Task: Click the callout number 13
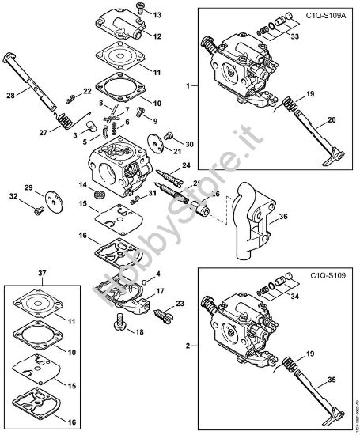pos(156,15)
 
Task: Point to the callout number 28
pos(10,96)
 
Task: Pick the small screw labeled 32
pos(37,210)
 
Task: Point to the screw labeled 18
pos(119,323)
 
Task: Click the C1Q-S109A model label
pos(320,15)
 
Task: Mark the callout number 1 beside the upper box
pos(188,85)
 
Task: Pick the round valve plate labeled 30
pos(168,146)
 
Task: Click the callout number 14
pos(81,185)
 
